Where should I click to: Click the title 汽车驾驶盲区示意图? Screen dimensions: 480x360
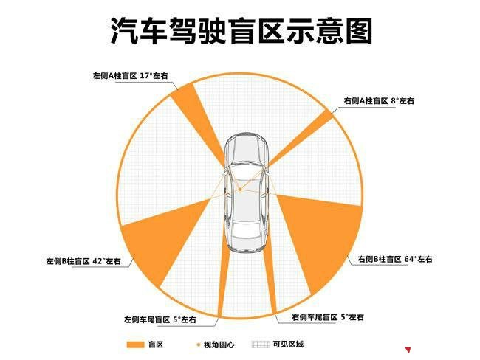(x=241, y=31)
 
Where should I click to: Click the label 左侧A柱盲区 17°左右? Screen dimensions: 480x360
(x=131, y=75)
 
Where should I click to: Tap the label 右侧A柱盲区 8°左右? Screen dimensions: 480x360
(x=379, y=100)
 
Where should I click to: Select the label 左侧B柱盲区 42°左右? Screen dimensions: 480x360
(x=83, y=261)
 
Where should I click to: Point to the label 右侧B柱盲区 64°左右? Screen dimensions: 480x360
(x=395, y=259)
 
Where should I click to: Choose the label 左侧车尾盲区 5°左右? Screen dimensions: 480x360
(x=160, y=320)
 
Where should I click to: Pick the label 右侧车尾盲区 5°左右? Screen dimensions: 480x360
(x=328, y=317)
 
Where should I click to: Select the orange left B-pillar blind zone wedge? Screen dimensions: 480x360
(x=162, y=235)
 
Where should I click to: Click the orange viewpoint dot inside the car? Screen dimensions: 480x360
(x=240, y=190)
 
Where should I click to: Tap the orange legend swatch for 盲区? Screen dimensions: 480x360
(x=135, y=345)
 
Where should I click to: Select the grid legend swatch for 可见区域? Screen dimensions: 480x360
(x=261, y=345)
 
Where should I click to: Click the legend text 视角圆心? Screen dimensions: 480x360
(x=219, y=345)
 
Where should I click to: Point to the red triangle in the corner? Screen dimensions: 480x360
(x=408, y=350)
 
